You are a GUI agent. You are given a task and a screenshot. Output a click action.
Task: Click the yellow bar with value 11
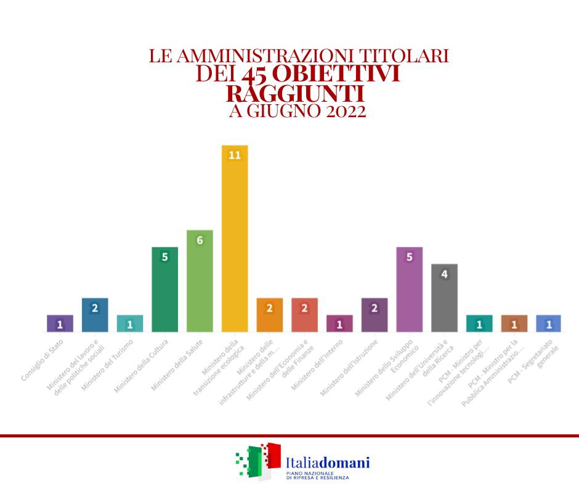coord(234,241)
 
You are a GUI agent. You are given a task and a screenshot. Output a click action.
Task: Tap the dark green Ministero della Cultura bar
coord(164,290)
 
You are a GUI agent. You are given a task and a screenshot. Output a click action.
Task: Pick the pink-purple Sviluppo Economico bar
coord(409,290)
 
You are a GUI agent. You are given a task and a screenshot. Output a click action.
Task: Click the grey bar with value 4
coord(444,299)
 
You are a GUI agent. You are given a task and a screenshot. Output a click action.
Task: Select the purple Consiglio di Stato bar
coord(60,324)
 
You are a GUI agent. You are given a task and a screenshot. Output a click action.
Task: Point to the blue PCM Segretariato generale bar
coord(549,324)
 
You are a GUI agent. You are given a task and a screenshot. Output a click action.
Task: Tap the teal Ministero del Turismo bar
coord(130,324)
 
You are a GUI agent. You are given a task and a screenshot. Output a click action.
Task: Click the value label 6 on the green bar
coord(200,240)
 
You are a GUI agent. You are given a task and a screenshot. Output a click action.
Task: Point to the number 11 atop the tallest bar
coord(234,155)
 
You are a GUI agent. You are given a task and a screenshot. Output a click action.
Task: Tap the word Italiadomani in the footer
coord(328,461)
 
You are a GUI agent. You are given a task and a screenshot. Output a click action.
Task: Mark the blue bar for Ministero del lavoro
coord(95,316)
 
